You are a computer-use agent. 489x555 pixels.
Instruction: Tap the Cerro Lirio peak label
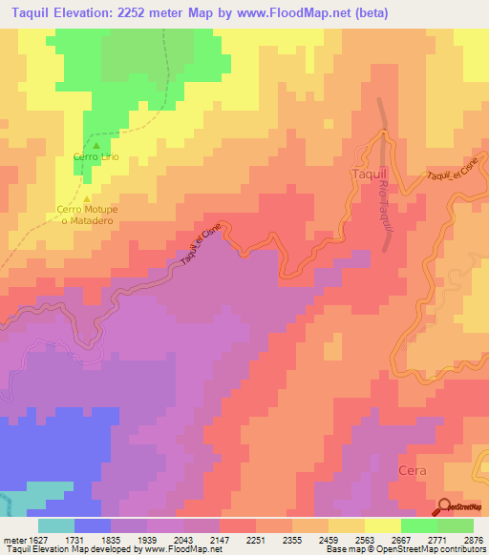(x=96, y=156)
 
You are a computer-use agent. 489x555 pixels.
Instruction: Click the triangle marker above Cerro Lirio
(x=96, y=145)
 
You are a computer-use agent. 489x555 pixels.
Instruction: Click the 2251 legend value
(x=256, y=539)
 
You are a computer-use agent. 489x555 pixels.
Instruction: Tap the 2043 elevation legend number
(x=184, y=539)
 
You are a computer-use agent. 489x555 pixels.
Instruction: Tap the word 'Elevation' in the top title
(x=99, y=12)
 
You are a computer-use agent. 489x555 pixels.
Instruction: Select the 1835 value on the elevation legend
(x=112, y=539)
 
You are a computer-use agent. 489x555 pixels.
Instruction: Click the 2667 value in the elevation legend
(x=401, y=539)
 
